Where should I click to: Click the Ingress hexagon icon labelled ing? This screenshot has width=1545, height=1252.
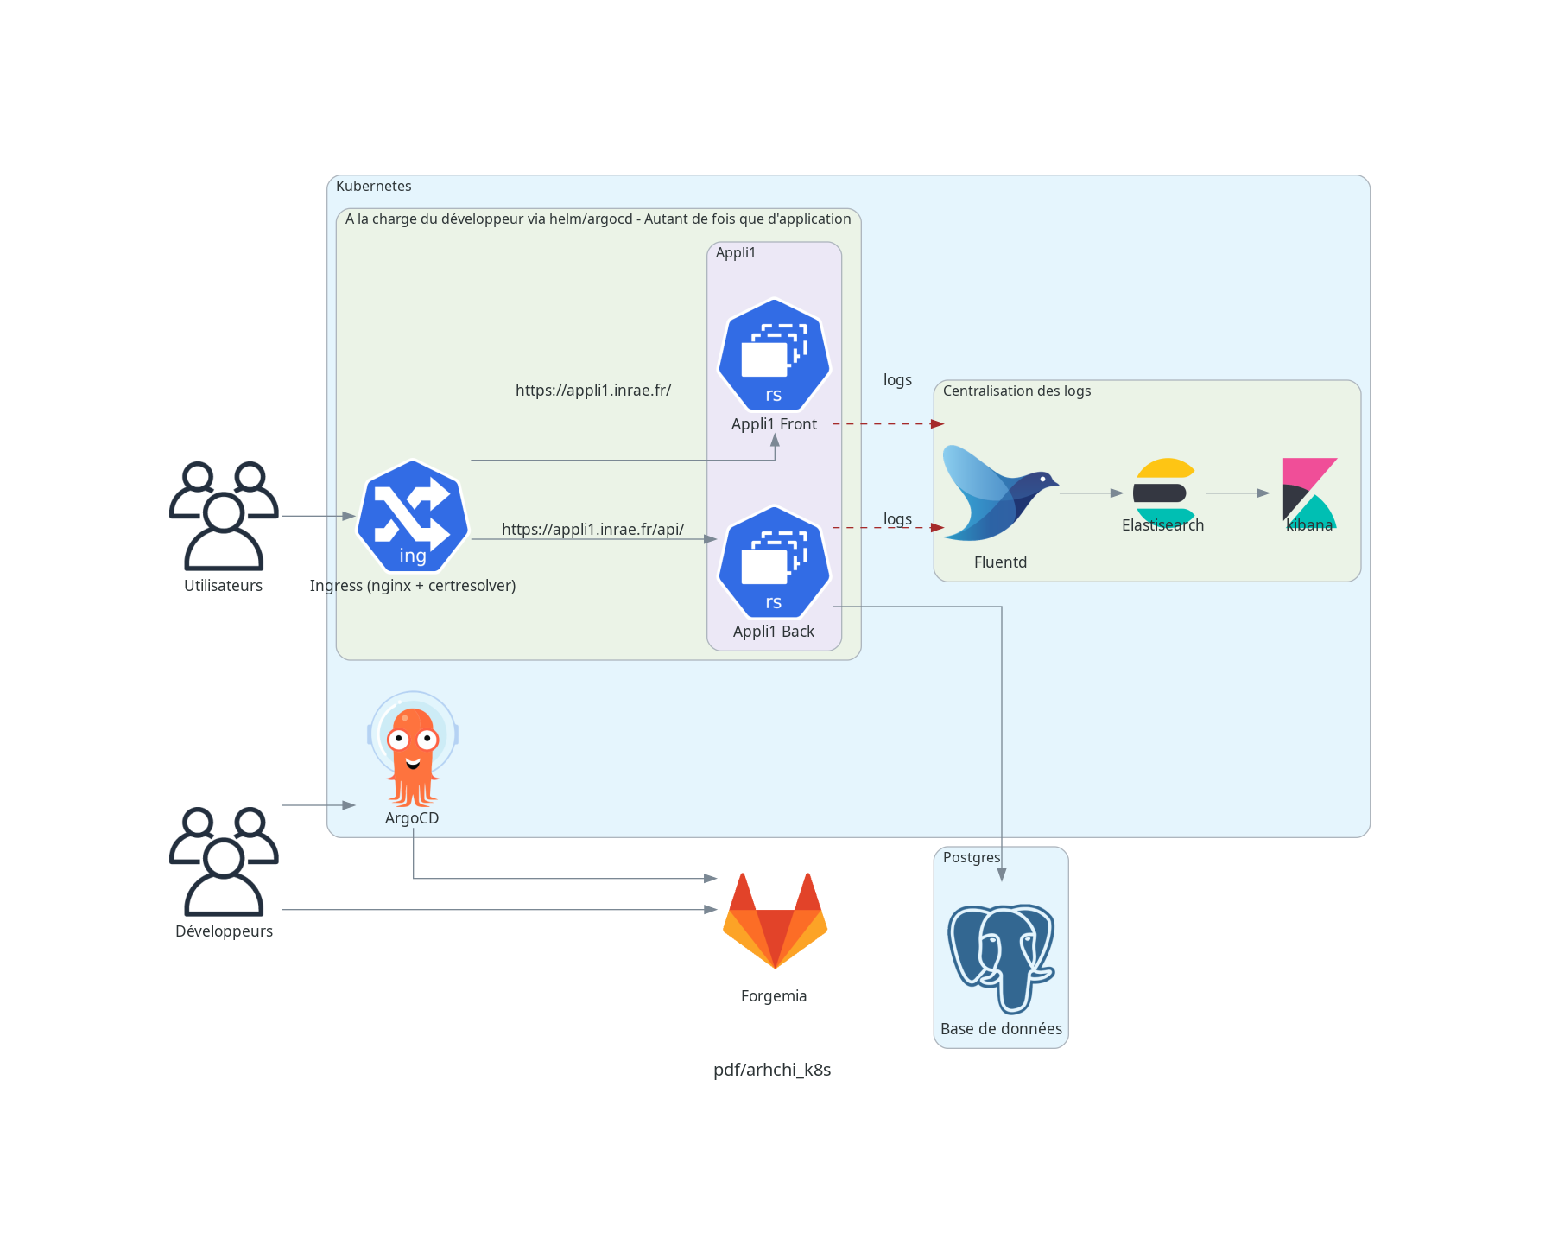pyautogui.click(x=413, y=516)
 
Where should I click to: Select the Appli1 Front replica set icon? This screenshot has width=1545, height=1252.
pyautogui.click(x=774, y=355)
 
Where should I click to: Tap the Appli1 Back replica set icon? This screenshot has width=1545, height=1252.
pyautogui.click(x=774, y=562)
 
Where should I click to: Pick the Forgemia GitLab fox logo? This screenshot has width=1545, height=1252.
pyautogui.click(x=775, y=920)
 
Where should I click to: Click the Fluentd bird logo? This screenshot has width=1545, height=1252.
pyautogui.click(x=999, y=493)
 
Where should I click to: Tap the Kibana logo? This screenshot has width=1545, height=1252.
pyautogui.click(x=1309, y=493)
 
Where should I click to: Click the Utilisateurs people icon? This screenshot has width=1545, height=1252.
pyautogui.click(x=224, y=516)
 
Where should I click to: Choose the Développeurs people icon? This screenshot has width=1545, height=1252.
pyautogui.click(x=224, y=861)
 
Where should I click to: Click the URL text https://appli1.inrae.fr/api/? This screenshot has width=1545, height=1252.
pyautogui.click(x=592, y=530)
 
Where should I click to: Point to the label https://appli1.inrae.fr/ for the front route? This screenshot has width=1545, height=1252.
pyautogui.click(x=593, y=391)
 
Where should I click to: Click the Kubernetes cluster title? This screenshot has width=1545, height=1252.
pyautogui.click(x=373, y=187)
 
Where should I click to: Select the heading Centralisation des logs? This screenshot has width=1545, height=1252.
pyautogui.click(x=1016, y=391)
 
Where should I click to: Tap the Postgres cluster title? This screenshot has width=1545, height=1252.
pyautogui.click(x=971, y=858)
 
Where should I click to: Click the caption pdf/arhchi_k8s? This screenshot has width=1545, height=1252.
pyautogui.click(x=772, y=1070)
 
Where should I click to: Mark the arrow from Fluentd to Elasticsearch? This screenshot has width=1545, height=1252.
pyautogui.click(x=1091, y=493)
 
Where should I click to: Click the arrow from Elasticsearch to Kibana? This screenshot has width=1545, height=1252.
pyautogui.click(x=1237, y=493)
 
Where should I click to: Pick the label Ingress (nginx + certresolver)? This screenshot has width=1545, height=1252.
pyautogui.click(x=413, y=586)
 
